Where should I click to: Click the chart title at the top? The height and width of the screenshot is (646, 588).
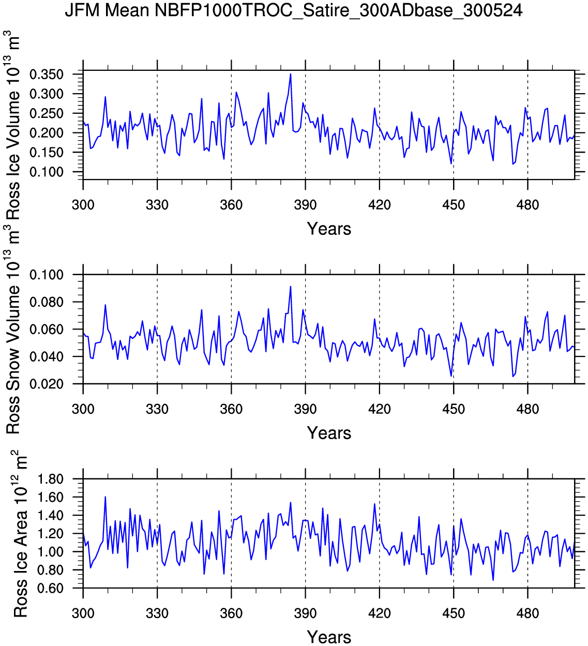(x=293, y=10)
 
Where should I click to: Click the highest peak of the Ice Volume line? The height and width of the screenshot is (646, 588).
(x=291, y=74)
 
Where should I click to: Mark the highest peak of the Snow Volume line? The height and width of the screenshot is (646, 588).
(x=291, y=287)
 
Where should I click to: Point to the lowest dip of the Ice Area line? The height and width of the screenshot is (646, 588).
(x=493, y=580)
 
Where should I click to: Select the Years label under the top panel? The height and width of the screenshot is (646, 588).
(x=329, y=229)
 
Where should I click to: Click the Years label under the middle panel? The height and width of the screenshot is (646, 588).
(x=329, y=433)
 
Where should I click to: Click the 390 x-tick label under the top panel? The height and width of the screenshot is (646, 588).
(x=305, y=205)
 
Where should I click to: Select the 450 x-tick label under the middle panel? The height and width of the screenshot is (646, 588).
(x=454, y=410)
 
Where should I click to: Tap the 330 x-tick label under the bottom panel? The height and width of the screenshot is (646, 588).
(x=157, y=614)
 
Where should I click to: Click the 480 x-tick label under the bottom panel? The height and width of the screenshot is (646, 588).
(x=527, y=614)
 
